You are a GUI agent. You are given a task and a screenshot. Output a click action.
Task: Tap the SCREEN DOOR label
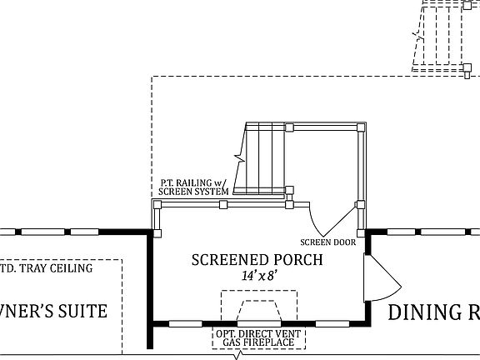tap(327, 242)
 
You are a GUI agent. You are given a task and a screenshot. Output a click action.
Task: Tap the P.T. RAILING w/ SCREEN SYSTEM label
tap(194, 187)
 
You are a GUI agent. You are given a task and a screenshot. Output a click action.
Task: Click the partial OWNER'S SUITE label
tap(53, 312)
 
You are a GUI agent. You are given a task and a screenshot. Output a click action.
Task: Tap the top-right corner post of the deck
tap(360, 127)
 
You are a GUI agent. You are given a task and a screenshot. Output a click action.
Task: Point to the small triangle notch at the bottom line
tap(239, 356)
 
